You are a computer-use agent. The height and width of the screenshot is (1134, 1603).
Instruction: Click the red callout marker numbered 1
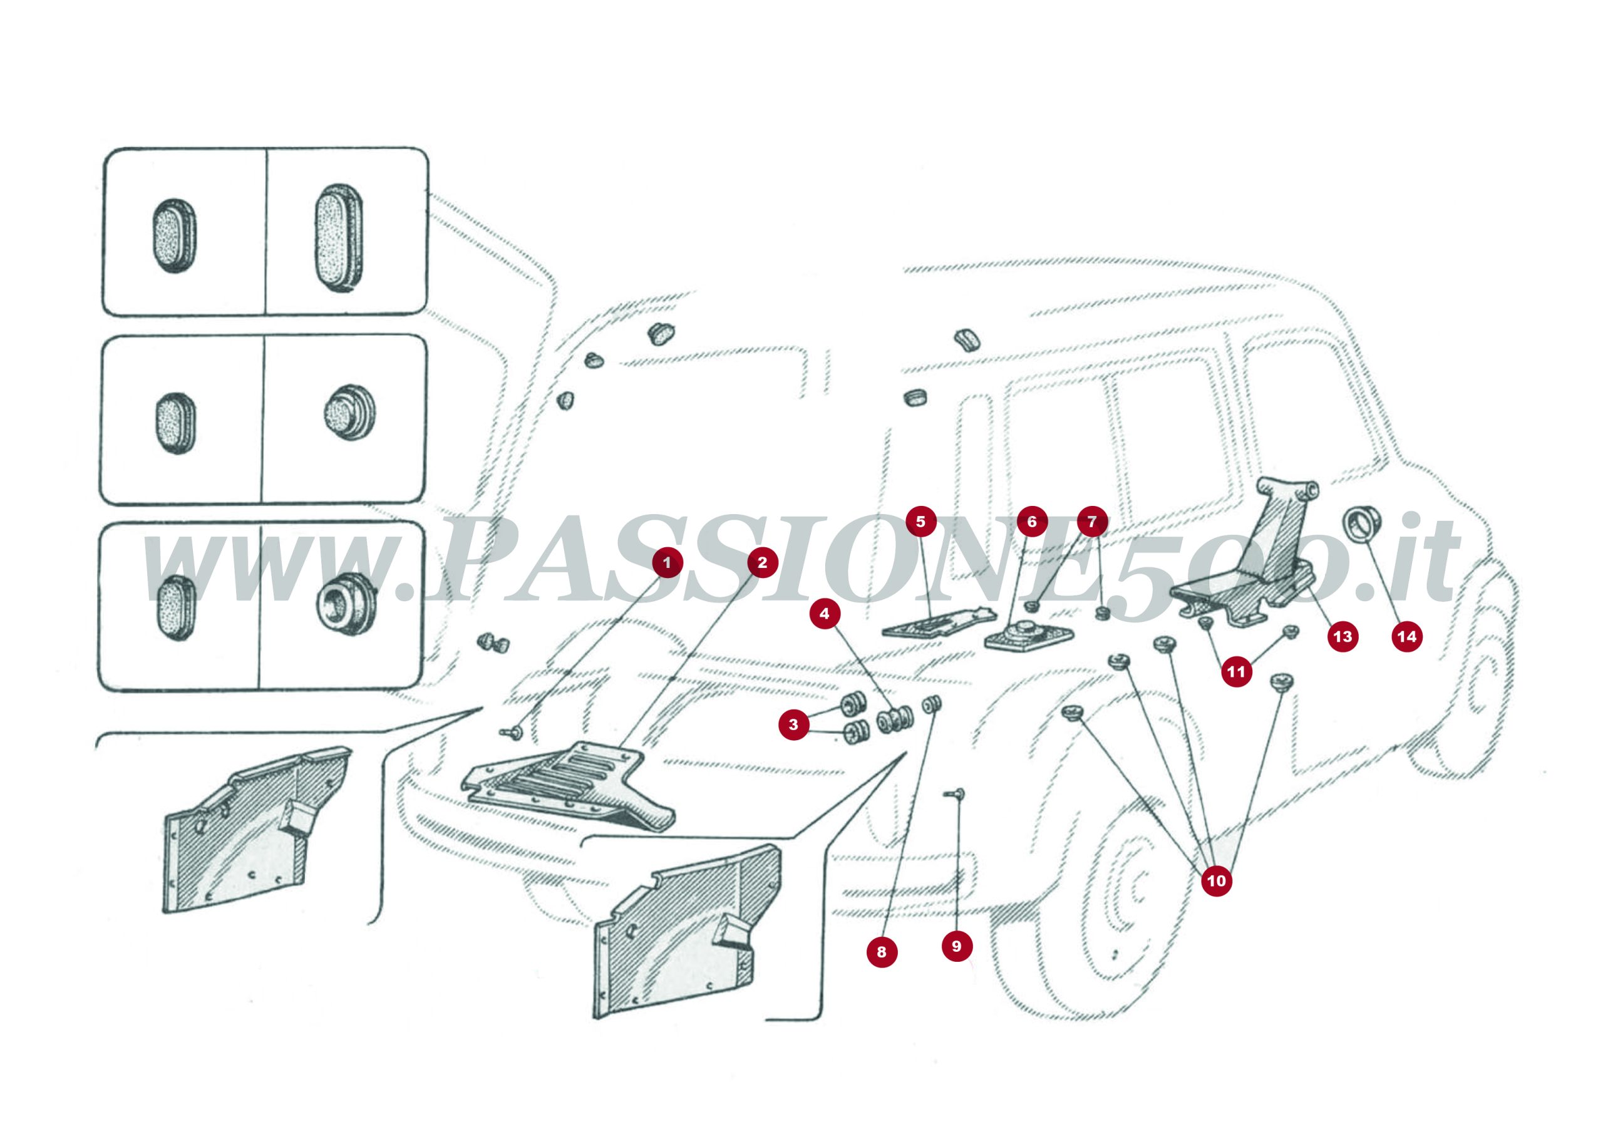coord(667,562)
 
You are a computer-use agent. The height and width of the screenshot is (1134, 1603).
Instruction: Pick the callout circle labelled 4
coord(825,614)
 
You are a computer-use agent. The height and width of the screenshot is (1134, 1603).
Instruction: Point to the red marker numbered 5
coord(920,521)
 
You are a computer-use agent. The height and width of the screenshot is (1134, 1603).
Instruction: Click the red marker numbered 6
coord(1032,522)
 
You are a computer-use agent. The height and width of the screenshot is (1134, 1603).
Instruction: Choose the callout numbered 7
coord(1092,522)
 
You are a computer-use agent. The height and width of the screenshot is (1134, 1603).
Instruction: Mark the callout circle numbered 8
coord(881,952)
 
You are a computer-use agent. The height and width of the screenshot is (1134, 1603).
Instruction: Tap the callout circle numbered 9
coord(957,946)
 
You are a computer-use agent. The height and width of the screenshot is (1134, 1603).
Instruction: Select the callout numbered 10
coord(1216,880)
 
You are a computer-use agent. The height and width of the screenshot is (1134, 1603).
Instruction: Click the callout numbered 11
coord(1236,672)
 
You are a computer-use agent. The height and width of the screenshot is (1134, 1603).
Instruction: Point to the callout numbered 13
coord(1342,636)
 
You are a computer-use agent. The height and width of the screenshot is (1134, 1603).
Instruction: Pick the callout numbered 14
coord(1407,636)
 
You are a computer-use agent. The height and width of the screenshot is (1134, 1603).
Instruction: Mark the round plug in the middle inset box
coord(349,411)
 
